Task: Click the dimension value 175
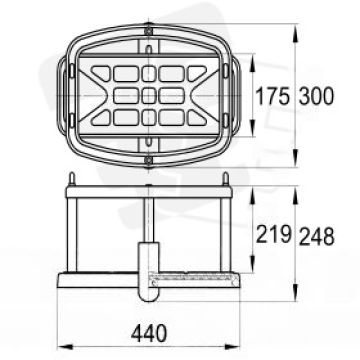(x=272, y=96)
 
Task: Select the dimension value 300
(x=316, y=96)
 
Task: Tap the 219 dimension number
(x=274, y=234)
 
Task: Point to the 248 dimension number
(x=316, y=236)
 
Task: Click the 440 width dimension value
(x=149, y=333)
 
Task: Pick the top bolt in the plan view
(x=149, y=31)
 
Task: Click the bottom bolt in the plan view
(x=149, y=161)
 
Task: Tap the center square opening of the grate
(x=149, y=96)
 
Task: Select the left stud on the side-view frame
(x=71, y=179)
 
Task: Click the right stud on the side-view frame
(x=225, y=179)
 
